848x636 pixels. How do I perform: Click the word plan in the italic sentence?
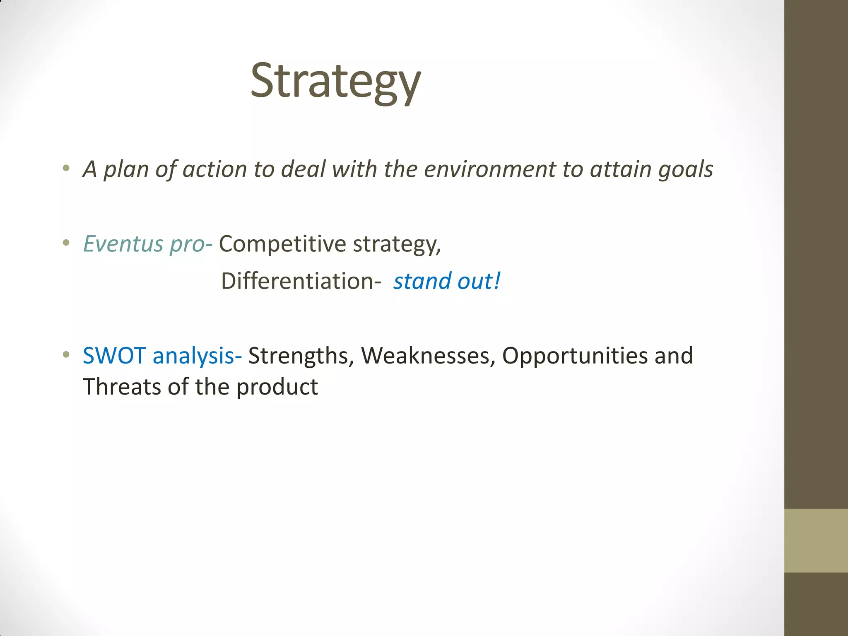point(126,170)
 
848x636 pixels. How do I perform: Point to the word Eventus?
point(123,243)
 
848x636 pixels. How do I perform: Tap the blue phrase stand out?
point(446,281)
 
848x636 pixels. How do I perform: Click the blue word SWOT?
point(114,356)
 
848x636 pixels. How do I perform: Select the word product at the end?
point(277,388)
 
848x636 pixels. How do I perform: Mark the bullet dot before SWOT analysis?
point(66,355)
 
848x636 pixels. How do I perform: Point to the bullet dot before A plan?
point(66,168)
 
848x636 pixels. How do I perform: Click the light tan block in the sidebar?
point(816,540)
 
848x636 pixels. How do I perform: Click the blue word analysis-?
point(197,356)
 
